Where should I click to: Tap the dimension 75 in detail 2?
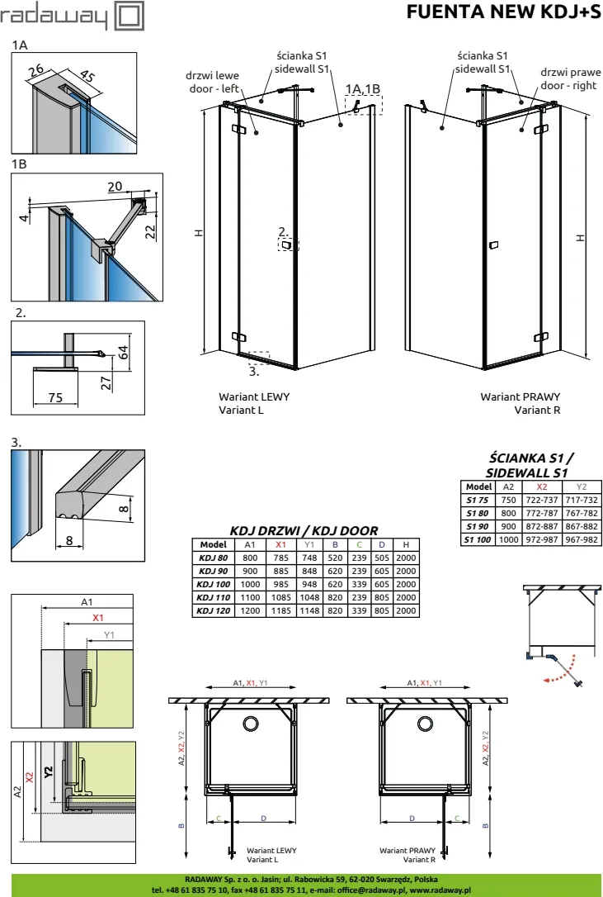point(54,397)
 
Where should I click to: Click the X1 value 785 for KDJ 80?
point(280,558)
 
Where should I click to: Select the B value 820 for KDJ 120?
point(335,611)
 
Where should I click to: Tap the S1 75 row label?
point(478,500)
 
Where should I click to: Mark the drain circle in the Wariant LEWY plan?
point(250,724)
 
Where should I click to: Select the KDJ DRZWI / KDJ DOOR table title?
point(303,531)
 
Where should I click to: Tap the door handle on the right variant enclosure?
point(494,245)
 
